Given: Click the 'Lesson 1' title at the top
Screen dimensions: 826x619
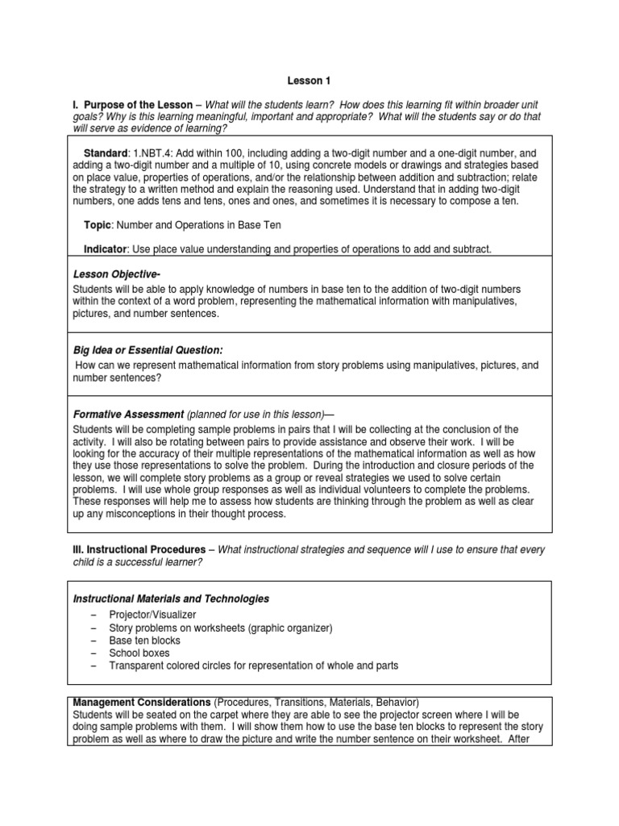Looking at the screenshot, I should [x=309, y=81].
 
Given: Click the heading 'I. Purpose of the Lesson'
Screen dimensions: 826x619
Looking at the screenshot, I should [x=132, y=106].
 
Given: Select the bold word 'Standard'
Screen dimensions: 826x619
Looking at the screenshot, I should [x=106, y=153].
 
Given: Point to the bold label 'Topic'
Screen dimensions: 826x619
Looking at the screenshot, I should [x=98, y=225].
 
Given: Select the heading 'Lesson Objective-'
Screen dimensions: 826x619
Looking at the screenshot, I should [x=113, y=274].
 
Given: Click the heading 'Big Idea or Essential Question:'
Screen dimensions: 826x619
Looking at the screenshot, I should [x=147, y=350].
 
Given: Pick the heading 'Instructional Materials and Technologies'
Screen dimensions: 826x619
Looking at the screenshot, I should [x=171, y=599].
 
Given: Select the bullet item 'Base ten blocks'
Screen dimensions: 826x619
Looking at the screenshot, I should [x=145, y=640].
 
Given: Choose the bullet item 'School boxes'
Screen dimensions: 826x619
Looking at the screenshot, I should [x=139, y=653].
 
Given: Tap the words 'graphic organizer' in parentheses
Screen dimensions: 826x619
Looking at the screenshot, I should [x=285, y=628].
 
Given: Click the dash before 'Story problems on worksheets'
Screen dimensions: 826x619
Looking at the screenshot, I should [x=94, y=628].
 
